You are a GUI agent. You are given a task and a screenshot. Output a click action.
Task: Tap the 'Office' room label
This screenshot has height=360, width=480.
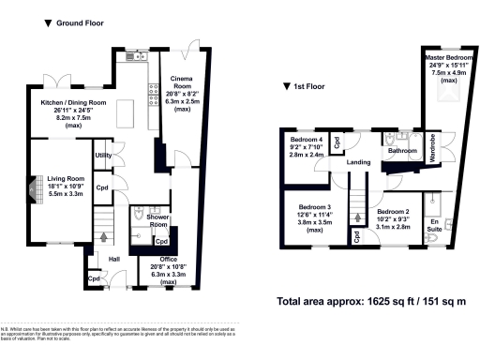[168, 259]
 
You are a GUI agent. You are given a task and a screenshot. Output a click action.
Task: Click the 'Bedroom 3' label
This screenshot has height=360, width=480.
[315, 207]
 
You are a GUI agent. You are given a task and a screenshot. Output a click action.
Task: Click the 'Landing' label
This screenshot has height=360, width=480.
[359, 162]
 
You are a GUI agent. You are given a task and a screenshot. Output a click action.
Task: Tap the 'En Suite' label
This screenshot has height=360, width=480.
[434, 221]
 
